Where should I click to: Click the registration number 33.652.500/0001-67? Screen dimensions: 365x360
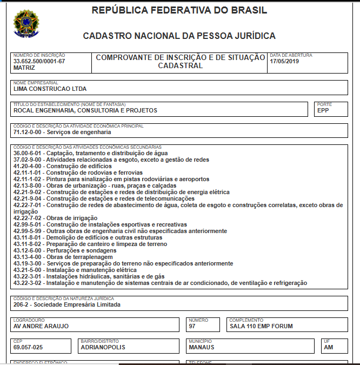(x=39, y=61)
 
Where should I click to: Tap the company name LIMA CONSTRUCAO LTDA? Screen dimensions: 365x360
(x=50, y=89)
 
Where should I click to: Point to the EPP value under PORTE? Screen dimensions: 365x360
(x=323, y=110)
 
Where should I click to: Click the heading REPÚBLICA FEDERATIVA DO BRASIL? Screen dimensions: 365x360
(x=179, y=10)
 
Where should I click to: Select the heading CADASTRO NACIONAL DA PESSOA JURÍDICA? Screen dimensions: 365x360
(x=179, y=36)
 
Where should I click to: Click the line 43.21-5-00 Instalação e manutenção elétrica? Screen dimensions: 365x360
(x=75, y=270)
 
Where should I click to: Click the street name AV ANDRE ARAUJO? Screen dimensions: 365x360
(x=41, y=327)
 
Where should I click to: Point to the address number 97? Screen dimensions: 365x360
(x=192, y=327)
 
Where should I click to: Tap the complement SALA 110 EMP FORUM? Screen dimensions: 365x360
(x=261, y=327)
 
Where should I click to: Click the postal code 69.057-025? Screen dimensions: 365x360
(x=28, y=348)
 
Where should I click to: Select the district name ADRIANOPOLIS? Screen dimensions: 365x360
(x=103, y=348)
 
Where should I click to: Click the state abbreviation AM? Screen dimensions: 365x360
(x=328, y=348)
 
